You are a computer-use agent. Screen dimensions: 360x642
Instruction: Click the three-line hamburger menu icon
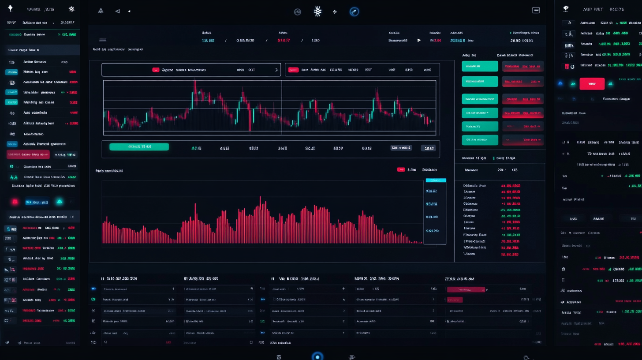pyautogui.click(x=103, y=40)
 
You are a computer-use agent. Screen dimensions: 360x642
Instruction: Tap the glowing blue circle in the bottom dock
pyautogui.click(x=317, y=356)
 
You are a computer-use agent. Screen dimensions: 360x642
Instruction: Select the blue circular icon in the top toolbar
pyautogui.click(x=354, y=12)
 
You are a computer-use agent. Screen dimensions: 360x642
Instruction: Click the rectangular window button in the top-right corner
pyautogui.click(x=536, y=10)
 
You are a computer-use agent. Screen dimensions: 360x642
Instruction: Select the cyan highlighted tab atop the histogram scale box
pyautogui.click(x=436, y=180)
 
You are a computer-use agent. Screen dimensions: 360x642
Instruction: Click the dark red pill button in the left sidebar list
pyautogui.click(x=28, y=154)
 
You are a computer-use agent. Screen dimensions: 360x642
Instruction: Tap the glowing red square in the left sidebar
pyautogui.click(x=15, y=202)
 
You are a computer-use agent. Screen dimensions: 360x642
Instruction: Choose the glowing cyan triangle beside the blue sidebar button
pyautogui.click(x=59, y=202)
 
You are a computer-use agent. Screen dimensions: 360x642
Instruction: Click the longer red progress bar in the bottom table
pyautogui.click(x=466, y=290)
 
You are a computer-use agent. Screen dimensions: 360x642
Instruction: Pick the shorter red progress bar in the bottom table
pyautogui.click(x=455, y=300)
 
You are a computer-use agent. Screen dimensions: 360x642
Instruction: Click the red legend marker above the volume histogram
pyautogui.click(x=401, y=169)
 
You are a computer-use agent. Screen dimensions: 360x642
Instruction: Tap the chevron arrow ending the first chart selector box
pyautogui.click(x=276, y=70)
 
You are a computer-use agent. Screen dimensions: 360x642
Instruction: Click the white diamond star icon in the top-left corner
pyautogui.click(x=10, y=8)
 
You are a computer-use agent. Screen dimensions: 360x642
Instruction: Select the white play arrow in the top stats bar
pyautogui.click(x=419, y=40)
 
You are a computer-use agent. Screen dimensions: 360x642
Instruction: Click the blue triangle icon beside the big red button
pyautogui.click(x=560, y=83)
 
